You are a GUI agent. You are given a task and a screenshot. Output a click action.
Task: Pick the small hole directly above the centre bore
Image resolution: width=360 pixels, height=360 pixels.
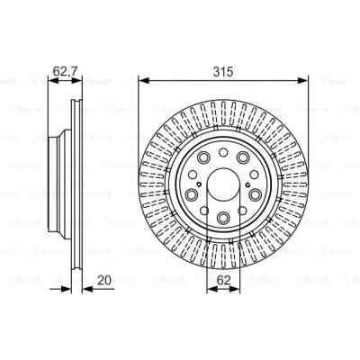pos(222,154)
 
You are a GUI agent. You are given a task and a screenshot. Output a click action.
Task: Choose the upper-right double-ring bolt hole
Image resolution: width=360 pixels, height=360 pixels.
pos(250,170)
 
